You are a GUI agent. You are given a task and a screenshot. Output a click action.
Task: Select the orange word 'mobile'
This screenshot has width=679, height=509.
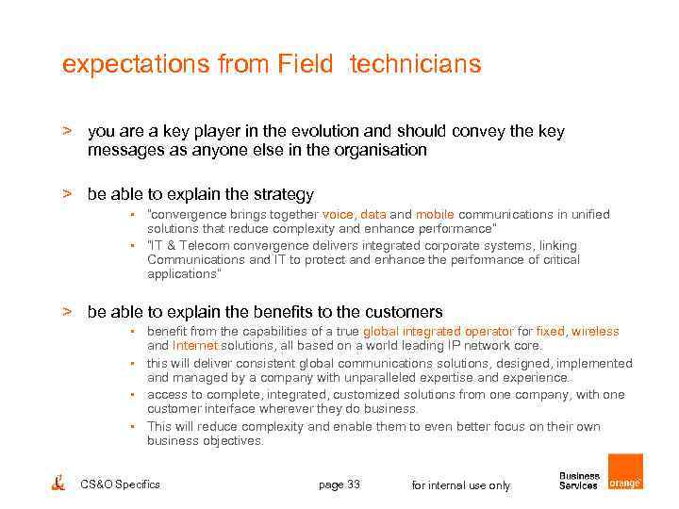pyautogui.click(x=435, y=215)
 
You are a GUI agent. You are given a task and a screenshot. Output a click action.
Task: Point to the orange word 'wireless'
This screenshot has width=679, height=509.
pyautogui.click(x=595, y=332)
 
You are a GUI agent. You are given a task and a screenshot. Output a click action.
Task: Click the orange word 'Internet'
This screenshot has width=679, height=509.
pyautogui.click(x=195, y=346)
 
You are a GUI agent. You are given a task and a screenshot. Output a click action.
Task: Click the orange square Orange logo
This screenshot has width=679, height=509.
pyautogui.click(x=624, y=471)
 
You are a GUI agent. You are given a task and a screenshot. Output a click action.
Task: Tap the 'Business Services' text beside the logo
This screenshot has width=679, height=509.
pyautogui.click(x=579, y=481)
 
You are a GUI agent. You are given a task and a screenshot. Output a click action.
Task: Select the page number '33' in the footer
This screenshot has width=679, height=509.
pyautogui.click(x=354, y=484)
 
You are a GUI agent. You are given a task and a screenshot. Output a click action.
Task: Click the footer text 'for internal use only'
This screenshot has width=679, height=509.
pyautogui.click(x=461, y=485)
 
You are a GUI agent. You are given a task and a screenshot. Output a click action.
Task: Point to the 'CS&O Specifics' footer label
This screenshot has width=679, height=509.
pyautogui.click(x=121, y=484)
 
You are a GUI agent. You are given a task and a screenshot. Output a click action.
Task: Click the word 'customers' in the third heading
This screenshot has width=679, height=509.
pyautogui.click(x=406, y=311)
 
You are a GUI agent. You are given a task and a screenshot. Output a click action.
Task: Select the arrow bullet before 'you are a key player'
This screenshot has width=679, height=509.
pyautogui.click(x=67, y=132)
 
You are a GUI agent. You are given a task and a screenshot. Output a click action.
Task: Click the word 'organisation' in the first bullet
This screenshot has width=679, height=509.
pyautogui.click(x=383, y=150)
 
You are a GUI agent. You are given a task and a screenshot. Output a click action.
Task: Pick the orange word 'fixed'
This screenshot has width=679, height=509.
pyautogui.click(x=550, y=332)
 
